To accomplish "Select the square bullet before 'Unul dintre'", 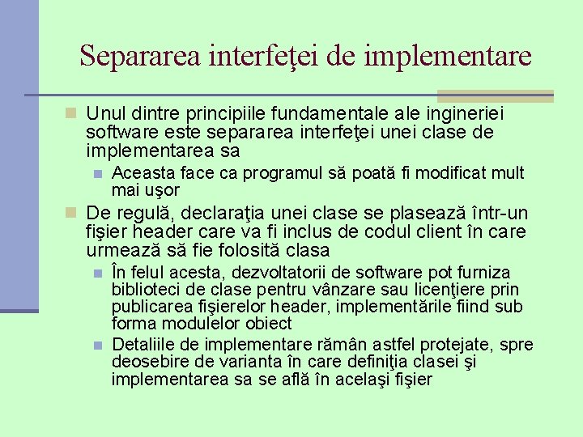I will click(x=71, y=113).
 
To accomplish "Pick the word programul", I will click(x=279, y=173).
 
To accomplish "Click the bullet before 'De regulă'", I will click(x=71, y=214).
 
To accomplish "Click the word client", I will click(x=444, y=232).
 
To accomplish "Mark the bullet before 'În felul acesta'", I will click(x=97, y=273).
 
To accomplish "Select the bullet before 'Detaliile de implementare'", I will click(x=97, y=346).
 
